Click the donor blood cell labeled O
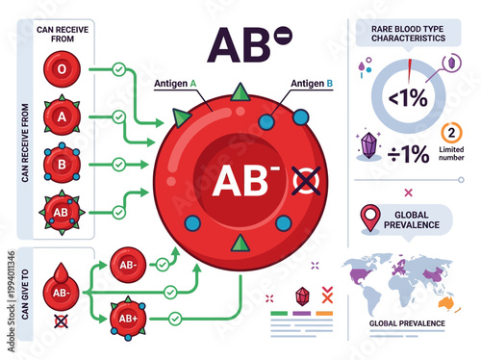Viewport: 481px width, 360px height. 62,69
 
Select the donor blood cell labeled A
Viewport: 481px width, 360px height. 62,116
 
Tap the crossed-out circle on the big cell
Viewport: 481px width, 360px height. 306,181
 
